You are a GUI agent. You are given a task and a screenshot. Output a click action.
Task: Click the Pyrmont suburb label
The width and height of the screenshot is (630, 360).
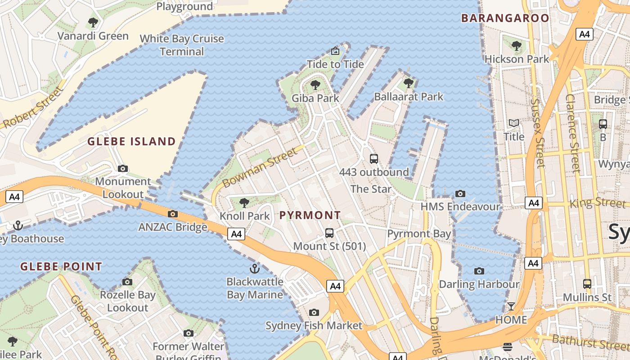310,215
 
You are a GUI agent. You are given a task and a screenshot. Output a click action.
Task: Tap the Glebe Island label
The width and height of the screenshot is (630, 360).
131,142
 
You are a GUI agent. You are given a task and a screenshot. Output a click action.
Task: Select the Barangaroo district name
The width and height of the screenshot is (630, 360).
505,18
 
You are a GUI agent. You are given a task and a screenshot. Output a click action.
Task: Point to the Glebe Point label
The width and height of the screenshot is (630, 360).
61,266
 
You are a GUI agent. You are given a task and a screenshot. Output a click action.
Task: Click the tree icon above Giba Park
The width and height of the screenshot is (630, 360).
315,85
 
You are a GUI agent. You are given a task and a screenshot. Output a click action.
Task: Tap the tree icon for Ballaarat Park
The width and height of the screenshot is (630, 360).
409,83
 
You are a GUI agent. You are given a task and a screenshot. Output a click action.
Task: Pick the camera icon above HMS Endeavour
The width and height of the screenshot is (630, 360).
460,193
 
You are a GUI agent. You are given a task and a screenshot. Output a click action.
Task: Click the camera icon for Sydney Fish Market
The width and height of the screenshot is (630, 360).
314,312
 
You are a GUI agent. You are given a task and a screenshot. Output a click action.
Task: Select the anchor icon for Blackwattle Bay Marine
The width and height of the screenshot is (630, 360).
255,269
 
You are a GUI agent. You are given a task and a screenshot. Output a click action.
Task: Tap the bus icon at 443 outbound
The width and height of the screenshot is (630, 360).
374,158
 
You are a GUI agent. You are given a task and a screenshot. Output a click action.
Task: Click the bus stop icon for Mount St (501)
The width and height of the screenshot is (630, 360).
329,233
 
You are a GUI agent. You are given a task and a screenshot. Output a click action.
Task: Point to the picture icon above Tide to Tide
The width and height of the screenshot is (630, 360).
335,51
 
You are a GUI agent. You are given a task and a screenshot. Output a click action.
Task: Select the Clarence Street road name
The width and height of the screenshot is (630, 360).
573,133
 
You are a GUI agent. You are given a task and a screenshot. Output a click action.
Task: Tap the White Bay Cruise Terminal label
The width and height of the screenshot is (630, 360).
182,45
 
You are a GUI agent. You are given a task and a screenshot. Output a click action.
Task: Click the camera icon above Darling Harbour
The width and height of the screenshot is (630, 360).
479,271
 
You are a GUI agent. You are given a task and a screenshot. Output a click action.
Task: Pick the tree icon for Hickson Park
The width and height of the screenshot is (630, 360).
517,45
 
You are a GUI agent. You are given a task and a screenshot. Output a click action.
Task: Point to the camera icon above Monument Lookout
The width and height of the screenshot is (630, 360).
122,169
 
